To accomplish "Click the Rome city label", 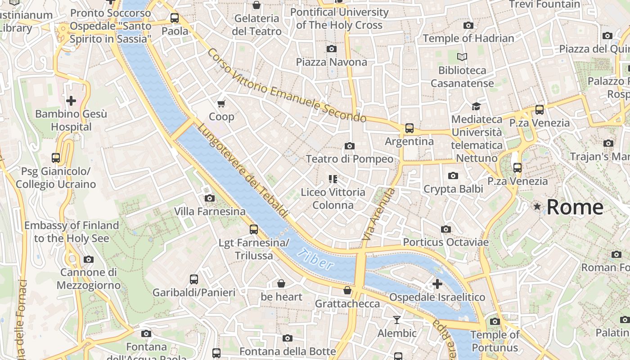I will [x=575, y=207].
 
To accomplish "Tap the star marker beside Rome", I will [x=537, y=207].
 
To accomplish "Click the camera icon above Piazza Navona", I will [x=332, y=49].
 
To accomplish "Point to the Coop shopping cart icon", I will [x=221, y=104].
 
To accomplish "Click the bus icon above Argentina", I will [x=409, y=128].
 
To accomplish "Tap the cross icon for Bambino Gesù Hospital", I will [x=71, y=100].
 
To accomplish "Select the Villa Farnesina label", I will [x=210, y=211].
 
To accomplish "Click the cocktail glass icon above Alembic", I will [x=396, y=320].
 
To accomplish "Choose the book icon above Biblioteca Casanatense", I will [x=462, y=57].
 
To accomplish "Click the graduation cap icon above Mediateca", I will [x=476, y=106].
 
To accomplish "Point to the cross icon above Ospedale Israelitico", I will [x=437, y=284].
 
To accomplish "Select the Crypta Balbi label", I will [x=453, y=189].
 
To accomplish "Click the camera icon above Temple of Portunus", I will [x=495, y=321].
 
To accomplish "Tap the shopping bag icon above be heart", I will [x=281, y=283].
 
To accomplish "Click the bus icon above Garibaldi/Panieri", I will [x=194, y=279].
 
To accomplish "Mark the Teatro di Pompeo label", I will [x=349, y=159].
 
